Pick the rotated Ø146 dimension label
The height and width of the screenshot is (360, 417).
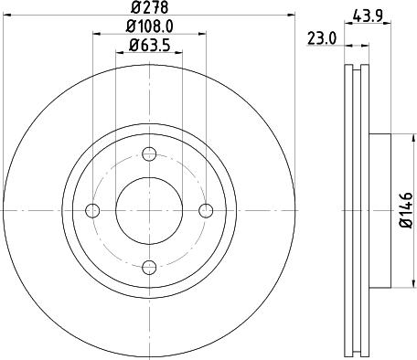tap(406, 209)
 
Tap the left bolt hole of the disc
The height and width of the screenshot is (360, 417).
tap(92, 211)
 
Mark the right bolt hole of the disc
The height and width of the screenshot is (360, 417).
tap(206, 211)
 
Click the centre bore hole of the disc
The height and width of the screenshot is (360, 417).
tap(149, 211)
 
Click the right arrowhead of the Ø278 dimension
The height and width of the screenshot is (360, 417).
tap(293, 16)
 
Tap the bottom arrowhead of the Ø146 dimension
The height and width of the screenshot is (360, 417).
tap(394, 284)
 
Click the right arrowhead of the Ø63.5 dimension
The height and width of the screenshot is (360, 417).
tap(179, 52)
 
